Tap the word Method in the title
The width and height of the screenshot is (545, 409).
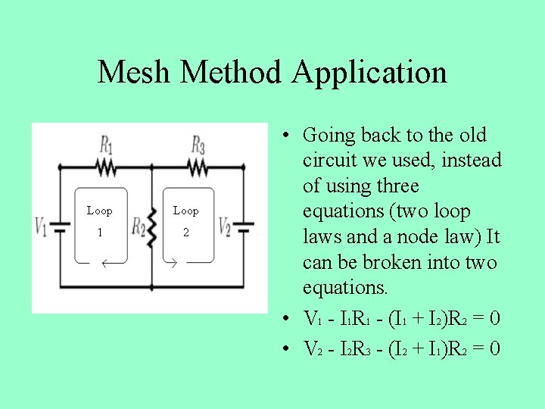(232, 73)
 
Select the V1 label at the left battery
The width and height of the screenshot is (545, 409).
(41, 225)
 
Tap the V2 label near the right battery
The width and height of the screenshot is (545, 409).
(225, 225)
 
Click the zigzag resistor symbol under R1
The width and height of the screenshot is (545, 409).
(107, 166)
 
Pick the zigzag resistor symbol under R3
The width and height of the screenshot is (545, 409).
(197, 166)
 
